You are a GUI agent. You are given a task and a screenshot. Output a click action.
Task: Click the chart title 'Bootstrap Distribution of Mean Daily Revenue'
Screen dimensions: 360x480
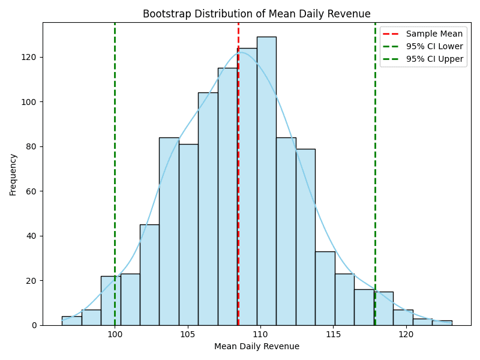(x=256, y=14)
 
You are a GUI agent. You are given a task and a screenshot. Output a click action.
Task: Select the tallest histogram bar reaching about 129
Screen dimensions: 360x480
(x=266, y=180)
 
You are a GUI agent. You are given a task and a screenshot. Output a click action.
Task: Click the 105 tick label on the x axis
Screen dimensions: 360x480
(x=188, y=334)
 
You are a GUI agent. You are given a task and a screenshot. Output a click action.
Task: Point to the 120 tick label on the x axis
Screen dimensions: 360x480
(x=406, y=334)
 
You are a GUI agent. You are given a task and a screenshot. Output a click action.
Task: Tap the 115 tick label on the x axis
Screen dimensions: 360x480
(x=333, y=334)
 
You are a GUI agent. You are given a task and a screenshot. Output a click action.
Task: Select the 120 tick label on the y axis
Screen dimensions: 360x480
(x=31, y=57)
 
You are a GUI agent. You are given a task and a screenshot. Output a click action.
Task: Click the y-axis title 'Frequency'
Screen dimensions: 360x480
(x=13, y=174)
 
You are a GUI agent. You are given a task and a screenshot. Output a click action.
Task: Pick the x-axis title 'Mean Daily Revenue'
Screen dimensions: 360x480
(x=256, y=346)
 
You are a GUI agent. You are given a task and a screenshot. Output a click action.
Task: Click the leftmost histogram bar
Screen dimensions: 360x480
(x=71, y=321)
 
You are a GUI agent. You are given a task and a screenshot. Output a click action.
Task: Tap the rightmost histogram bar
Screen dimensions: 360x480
(x=442, y=323)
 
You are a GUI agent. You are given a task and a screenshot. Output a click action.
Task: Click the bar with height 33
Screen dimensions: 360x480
(x=325, y=288)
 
